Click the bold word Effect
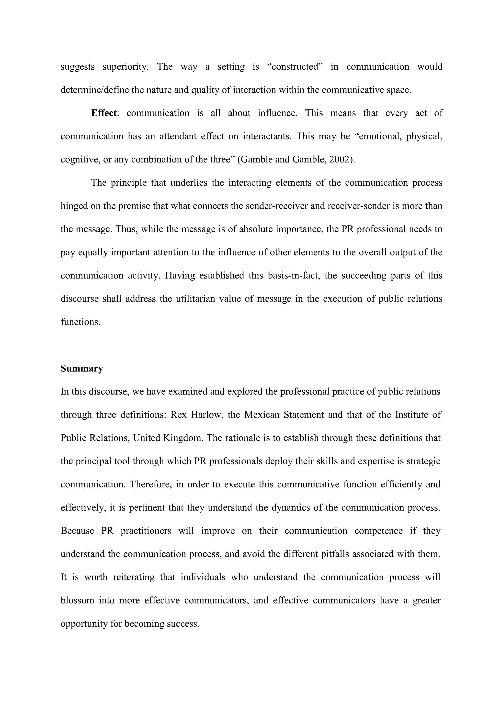click(x=104, y=113)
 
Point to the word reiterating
click(x=134, y=577)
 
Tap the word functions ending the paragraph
click(x=80, y=322)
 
